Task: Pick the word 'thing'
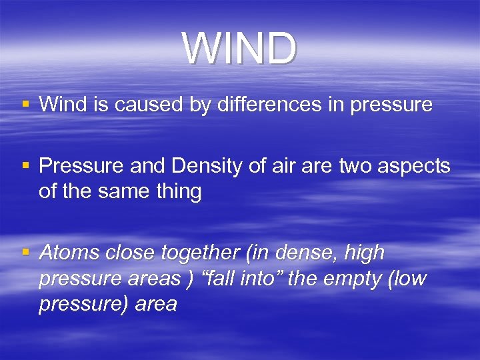tap(179, 191)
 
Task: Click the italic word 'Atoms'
tap(66, 253)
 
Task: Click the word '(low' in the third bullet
tap(405, 279)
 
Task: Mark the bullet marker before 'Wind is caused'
tap(25, 104)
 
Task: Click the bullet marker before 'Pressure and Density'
tap(25, 166)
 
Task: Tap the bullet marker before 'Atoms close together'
tap(25, 253)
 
